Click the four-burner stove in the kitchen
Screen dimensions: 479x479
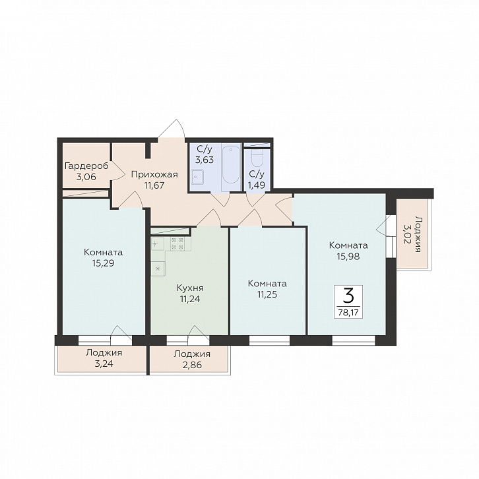click(177, 243)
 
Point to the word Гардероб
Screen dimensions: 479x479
click(86, 166)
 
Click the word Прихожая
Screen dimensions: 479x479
click(154, 174)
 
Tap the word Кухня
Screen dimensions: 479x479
click(190, 288)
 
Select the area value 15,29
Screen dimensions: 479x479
click(103, 263)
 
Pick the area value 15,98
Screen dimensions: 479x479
click(348, 256)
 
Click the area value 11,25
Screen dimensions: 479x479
click(267, 294)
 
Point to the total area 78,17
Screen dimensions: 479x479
click(348, 312)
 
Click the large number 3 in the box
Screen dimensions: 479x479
click(348, 296)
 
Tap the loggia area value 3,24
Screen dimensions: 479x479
click(104, 364)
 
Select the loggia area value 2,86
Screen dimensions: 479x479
click(192, 365)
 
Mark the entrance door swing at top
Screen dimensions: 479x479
click(172, 128)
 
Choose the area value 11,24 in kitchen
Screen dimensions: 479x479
click(190, 298)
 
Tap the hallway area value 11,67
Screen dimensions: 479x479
click(154, 185)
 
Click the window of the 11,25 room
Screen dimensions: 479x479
click(269, 340)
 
